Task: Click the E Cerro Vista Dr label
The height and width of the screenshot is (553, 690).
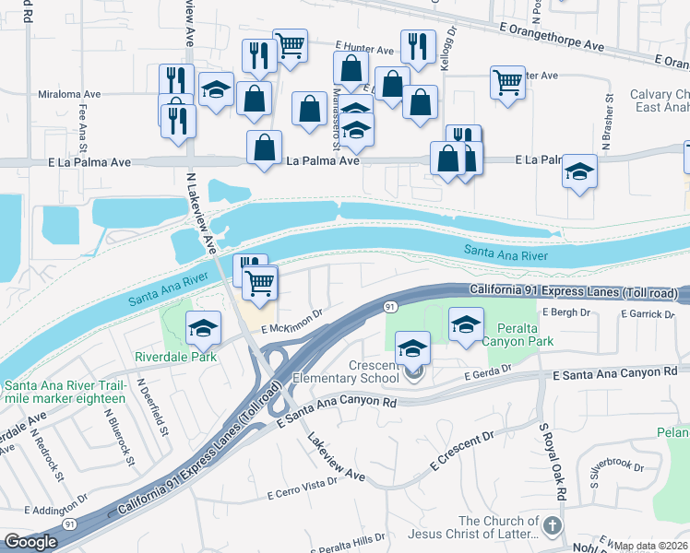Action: pyautogui.click(x=303, y=488)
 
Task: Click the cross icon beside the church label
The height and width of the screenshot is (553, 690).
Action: pyautogui.click(x=552, y=526)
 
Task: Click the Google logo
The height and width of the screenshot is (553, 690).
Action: pyautogui.click(x=30, y=542)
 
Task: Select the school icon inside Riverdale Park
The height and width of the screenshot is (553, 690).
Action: pyautogui.click(x=204, y=327)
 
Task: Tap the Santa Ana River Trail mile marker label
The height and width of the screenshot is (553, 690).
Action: pyautogui.click(x=65, y=392)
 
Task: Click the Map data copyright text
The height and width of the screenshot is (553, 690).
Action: pyautogui.click(x=651, y=546)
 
